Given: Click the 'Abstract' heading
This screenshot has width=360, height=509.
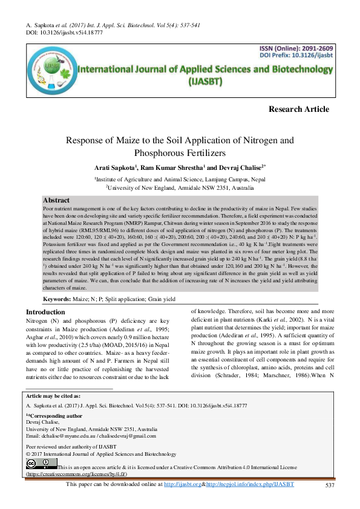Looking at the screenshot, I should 56,200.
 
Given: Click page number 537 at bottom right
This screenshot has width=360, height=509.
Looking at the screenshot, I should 330,485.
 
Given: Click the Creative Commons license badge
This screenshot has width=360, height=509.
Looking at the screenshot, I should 41,464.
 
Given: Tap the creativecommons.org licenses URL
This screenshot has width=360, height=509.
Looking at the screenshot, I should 76,475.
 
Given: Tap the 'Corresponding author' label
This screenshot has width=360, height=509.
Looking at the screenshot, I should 56,416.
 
